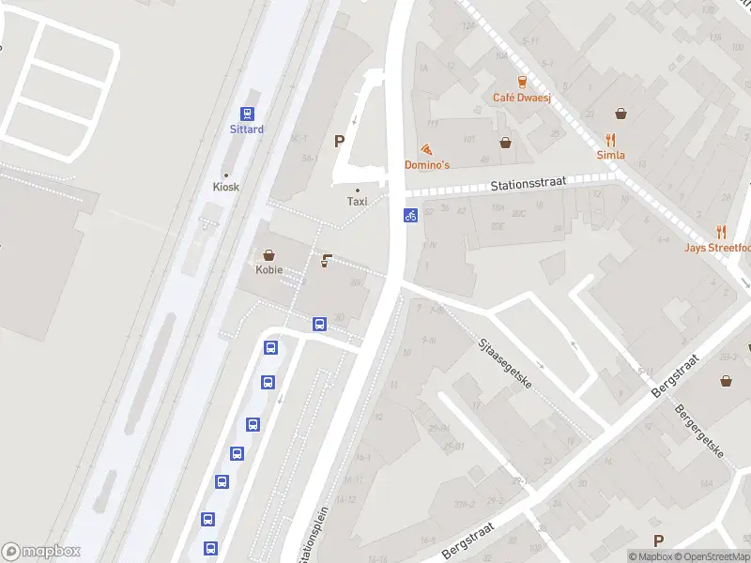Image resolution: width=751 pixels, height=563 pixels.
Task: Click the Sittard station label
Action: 247,129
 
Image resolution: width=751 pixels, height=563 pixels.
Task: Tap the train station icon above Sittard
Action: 247,112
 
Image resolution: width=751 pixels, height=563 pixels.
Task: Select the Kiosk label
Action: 225,187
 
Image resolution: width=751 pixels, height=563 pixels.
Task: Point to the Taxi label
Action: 357,202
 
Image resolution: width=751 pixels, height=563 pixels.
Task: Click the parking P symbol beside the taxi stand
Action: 339,142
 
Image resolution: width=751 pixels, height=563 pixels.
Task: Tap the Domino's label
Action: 427,165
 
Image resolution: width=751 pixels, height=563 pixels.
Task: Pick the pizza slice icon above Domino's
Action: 427,148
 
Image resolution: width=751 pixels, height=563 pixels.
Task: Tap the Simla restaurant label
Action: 610,156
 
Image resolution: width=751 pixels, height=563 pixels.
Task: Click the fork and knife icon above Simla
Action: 610,140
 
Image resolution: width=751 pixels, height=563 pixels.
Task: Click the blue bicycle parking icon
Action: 410,215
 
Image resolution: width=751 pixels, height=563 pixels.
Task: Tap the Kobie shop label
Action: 269,270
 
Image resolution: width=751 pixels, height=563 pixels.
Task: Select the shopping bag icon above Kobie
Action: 269,254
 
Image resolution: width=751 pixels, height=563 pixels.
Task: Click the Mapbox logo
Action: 41,552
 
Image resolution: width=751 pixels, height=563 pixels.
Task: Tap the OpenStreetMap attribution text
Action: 715,556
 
